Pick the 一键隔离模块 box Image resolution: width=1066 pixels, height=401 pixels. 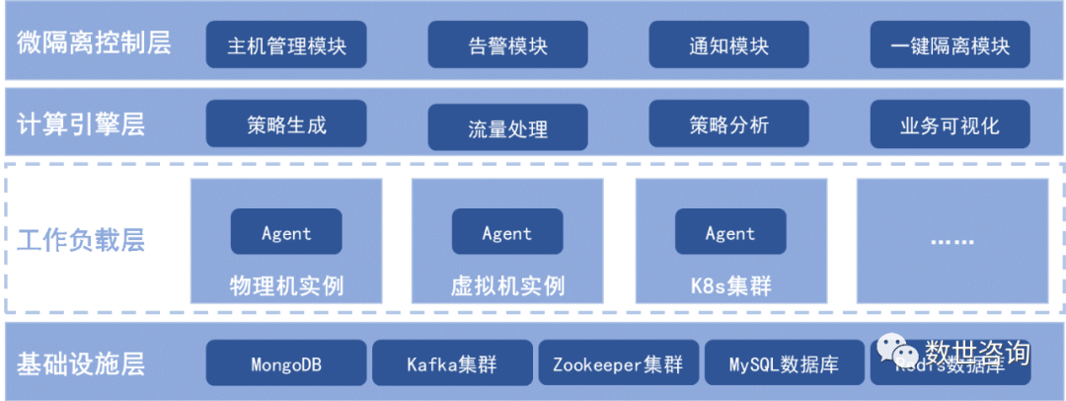click(950, 45)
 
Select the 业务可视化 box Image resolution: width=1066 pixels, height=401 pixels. click(950, 125)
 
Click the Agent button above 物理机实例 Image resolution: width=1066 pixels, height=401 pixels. click(286, 233)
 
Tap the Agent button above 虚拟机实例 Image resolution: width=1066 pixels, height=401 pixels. click(507, 233)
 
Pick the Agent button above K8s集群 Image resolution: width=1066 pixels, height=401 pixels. click(730, 233)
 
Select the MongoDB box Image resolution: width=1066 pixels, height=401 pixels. click(286, 363)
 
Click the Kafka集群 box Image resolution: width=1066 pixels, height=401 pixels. click(452, 363)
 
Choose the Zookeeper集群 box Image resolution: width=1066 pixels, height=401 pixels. click(618, 363)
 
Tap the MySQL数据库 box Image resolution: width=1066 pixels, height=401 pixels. click(784, 363)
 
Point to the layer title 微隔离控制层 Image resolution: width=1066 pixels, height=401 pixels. click(94, 44)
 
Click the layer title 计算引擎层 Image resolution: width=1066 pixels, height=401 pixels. click(81, 125)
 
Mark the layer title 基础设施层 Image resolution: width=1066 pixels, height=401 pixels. click(81, 363)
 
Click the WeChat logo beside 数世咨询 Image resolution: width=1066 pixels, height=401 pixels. click(899, 353)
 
